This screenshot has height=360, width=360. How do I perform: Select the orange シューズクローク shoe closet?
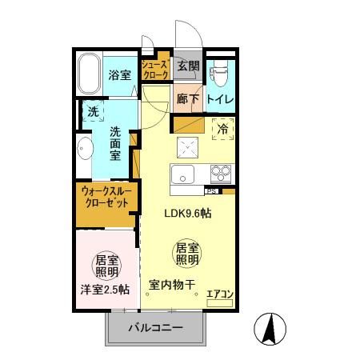pyautogui.click(x=155, y=69)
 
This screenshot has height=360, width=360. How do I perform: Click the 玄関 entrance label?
pyautogui.click(x=188, y=66)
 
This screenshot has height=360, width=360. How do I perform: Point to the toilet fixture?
pyautogui.click(x=219, y=74)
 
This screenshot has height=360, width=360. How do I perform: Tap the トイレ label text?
pyautogui.click(x=219, y=100)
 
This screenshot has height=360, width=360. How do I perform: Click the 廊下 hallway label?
pyautogui.click(x=188, y=100)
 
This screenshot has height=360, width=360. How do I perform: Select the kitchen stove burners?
pyautogui.click(x=219, y=174)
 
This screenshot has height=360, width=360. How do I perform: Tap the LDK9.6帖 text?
pyautogui.click(x=188, y=214)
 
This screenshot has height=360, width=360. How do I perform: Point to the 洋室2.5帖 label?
pyautogui.click(x=105, y=290)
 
